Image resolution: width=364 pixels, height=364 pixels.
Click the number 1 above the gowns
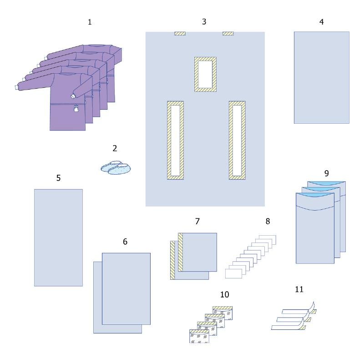click(x=90, y=22)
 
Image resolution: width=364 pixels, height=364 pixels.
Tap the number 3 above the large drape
click(x=204, y=21)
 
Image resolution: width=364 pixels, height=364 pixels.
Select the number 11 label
click(x=299, y=289)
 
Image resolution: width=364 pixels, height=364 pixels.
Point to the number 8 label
click(x=268, y=221)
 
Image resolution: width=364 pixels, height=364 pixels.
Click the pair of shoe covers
click(x=116, y=167)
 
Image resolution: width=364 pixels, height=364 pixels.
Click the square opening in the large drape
click(x=206, y=74)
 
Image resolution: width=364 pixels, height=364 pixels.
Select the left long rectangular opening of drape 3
click(x=176, y=140)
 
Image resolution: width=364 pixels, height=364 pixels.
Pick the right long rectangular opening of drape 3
click(x=237, y=140)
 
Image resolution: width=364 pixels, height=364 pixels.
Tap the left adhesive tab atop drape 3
click(x=180, y=34)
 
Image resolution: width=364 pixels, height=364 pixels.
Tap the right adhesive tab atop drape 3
click(x=228, y=34)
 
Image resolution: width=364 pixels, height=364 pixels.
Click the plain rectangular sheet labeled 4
click(x=322, y=77)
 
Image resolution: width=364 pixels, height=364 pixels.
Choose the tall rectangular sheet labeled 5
click(x=59, y=238)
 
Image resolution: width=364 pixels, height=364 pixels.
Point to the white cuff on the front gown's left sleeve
click(x=16, y=87)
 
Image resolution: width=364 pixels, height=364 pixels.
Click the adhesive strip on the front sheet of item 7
click(x=181, y=252)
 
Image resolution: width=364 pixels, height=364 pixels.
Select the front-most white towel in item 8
click(x=233, y=273)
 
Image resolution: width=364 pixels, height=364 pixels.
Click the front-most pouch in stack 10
click(x=199, y=336)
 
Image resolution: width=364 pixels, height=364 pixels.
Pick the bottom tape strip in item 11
click(x=288, y=327)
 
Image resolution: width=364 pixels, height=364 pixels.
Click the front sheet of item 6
click(x=126, y=289)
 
